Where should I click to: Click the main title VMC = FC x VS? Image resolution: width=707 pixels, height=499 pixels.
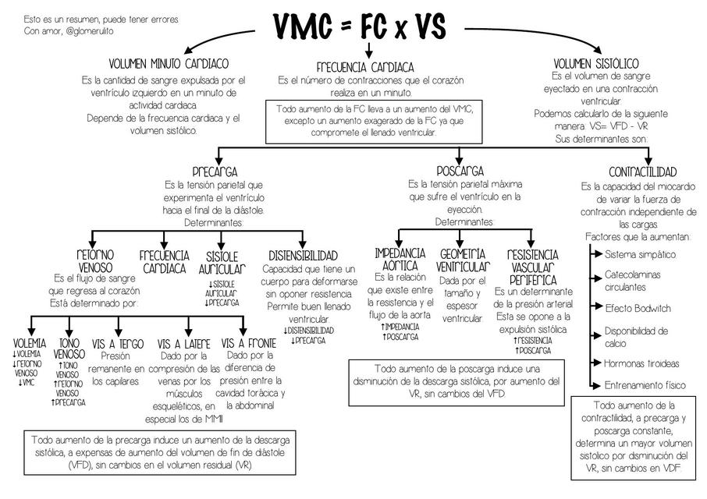[x=360, y=27]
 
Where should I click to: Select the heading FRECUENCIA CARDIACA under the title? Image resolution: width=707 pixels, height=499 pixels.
[x=365, y=67]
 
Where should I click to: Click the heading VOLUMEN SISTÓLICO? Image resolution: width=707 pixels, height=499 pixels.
[x=596, y=63]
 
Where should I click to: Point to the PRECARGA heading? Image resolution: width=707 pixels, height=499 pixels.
[x=215, y=172]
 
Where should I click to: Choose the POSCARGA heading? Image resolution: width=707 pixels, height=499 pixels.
[x=460, y=171]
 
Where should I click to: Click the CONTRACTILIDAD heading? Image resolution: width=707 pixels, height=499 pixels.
[x=642, y=172]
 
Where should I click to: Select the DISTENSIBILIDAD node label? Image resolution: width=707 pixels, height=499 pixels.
[x=303, y=256]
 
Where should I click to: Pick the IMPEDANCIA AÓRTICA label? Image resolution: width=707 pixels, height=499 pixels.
[x=400, y=260]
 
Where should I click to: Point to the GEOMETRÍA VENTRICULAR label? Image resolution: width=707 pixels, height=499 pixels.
[x=464, y=260]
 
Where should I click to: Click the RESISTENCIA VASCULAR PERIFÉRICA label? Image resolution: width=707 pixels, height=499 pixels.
[x=533, y=267]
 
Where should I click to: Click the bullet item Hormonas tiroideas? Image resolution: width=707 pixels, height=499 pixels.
[x=642, y=363]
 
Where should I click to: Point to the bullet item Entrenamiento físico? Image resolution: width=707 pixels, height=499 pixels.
[x=645, y=385]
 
